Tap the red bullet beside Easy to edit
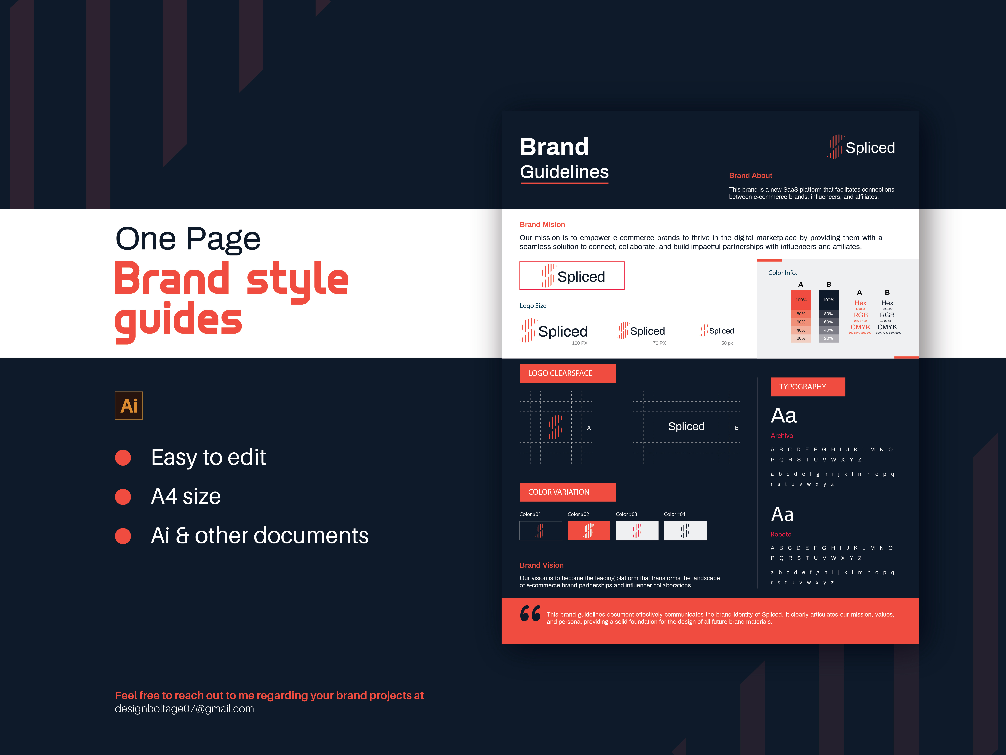pyautogui.click(x=123, y=457)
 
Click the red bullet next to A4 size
pyautogui.click(x=123, y=496)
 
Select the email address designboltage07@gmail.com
pyautogui.click(x=184, y=709)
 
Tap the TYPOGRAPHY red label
pyautogui.click(x=807, y=387)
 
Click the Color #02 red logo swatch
pyautogui.click(x=588, y=531)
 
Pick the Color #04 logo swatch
pyautogui.click(x=685, y=531)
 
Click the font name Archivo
pyautogui.click(x=781, y=435)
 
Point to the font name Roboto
pyautogui.click(x=780, y=534)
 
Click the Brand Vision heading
pyautogui.click(x=541, y=565)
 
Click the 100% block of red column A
pyautogui.click(x=800, y=300)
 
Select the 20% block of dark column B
pyautogui.click(x=828, y=338)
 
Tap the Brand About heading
pyautogui.click(x=750, y=176)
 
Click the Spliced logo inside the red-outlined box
pyautogui.click(x=572, y=276)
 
